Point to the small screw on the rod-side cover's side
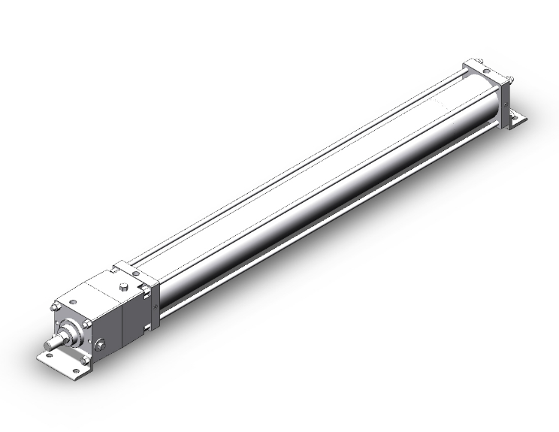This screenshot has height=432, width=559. point(156,306)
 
